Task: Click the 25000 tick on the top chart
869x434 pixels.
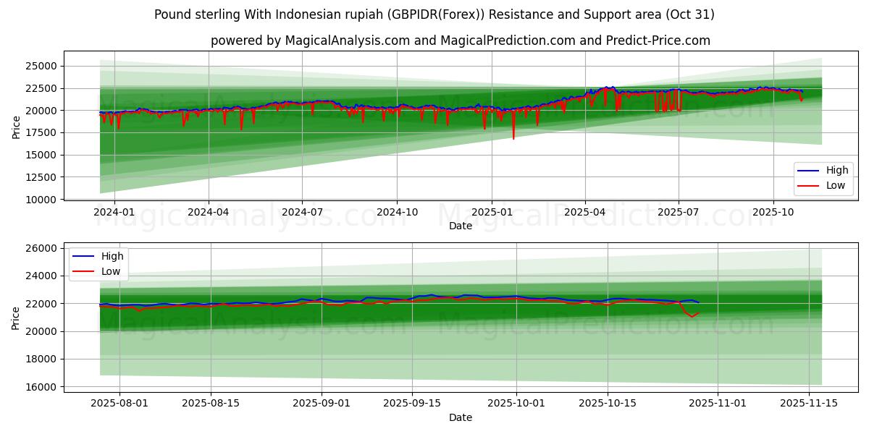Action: (x=41, y=66)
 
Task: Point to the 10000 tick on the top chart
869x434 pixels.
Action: (x=41, y=199)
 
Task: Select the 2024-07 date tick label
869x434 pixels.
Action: (x=302, y=212)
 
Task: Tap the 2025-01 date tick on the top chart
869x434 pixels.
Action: (x=492, y=212)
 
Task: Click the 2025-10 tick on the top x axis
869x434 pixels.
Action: (x=773, y=212)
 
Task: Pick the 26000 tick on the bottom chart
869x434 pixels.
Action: (x=41, y=248)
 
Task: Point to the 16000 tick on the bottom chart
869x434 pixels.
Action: (x=41, y=387)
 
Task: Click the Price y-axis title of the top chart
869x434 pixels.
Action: (x=16, y=127)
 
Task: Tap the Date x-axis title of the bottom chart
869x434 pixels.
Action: (x=461, y=417)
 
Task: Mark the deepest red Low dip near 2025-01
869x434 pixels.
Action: (x=513, y=138)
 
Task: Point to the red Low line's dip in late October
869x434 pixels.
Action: (x=692, y=316)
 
